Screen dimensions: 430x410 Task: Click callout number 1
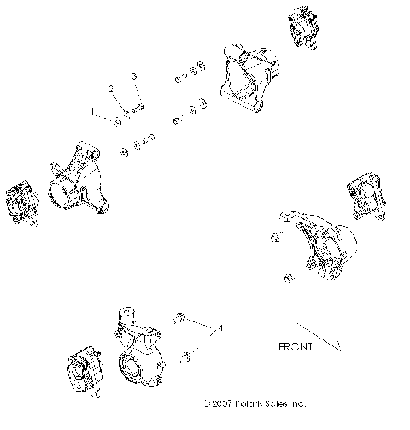pos(93,111)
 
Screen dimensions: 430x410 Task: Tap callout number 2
pos(110,89)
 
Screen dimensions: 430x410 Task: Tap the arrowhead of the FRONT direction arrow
pos(338,346)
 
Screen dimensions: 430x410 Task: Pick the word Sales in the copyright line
pos(285,402)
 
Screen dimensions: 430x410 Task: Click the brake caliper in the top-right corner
pos(304,28)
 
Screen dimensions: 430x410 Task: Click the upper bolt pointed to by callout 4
pos(180,318)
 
